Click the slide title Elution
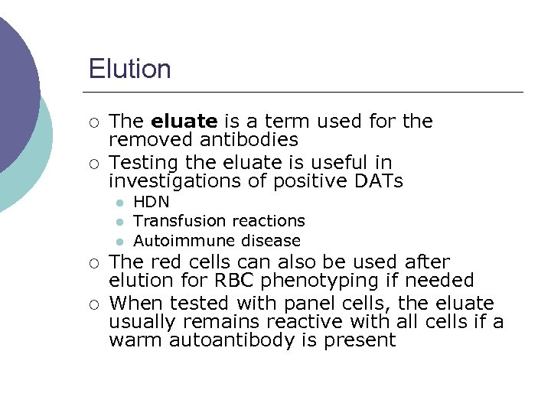click(x=129, y=69)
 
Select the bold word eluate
click(x=185, y=122)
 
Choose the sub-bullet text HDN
click(x=152, y=203)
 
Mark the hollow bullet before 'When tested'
click(x=93, y=304)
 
